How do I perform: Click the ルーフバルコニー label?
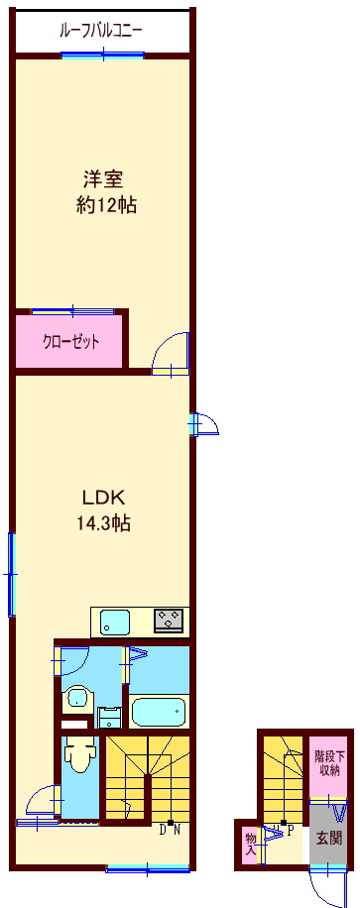pos(101,31)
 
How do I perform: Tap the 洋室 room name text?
pos(102,180)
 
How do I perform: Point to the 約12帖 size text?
pos(107,205)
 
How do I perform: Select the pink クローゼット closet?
pos(68,341)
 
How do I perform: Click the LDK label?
pos(103,497)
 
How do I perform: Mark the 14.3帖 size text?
pos(103,523)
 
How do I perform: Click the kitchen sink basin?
pos(115,623)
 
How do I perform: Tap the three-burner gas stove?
pos(169,621)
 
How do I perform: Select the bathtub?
pos(159,711)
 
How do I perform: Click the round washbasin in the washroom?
pos(77,698)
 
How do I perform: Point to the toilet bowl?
pos(77,755)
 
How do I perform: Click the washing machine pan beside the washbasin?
pos(109,718)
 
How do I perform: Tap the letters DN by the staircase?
pos(170,830)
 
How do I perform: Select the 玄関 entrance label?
pos(328,838)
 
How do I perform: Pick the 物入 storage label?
pos(251,844)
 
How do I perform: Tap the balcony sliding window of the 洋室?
pos(102,56)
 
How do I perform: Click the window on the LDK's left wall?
pos(11,574)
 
